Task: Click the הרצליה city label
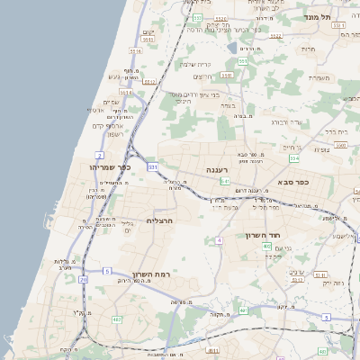tap(158, 220)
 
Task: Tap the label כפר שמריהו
tap(111, 167)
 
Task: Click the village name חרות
tap(308, 49)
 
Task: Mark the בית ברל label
tap(336, 131)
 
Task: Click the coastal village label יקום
tap(148, 32)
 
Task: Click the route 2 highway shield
tap(98, 155)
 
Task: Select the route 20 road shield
tap(84, 280)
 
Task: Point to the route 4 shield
tap(219, 240)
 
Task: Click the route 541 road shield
tap(224, 181)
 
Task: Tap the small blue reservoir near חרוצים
tap(232, 48)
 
